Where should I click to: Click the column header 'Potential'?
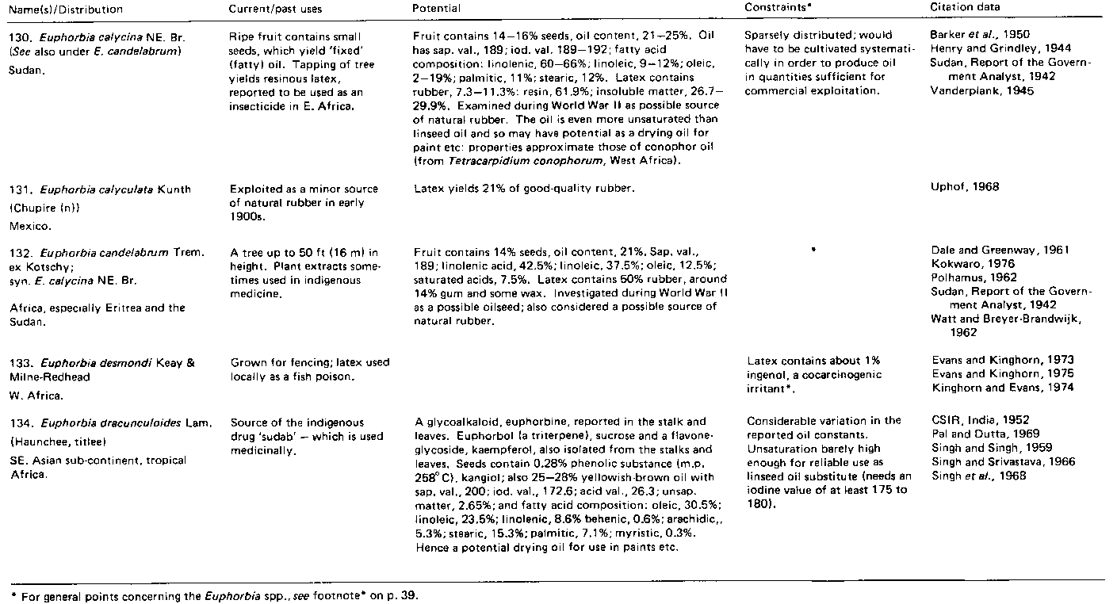pyautogui.click(x=437, y=8)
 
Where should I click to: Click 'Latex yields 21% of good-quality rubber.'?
pyautogui.click(x=524, y=189)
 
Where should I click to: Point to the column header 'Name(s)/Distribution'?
pyautogui.click(x=63, y=9)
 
